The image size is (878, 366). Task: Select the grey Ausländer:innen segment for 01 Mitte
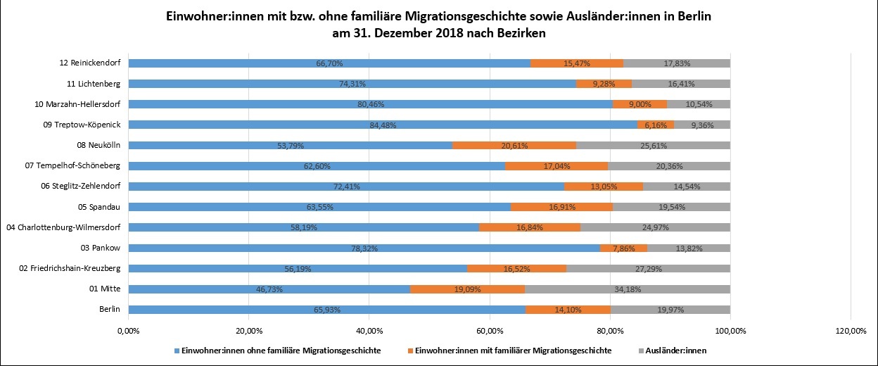[x=628, y=289]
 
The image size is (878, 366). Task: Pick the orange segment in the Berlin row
[x=568, y=309]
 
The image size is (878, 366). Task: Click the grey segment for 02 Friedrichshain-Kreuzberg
[x=648, y=268]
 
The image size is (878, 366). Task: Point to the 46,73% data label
[x=269, y=289]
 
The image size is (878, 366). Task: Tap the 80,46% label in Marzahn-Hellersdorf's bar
[x=370, y=105]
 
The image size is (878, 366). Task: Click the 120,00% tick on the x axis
[x=850, y=330]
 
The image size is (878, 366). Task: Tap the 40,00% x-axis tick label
[x=369, y=330]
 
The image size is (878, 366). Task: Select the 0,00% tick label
[x=129, y=330]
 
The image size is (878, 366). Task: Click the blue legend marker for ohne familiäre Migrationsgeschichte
[x=176, y=351]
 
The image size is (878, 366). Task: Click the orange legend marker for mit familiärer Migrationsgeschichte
[x=410, y=351]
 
